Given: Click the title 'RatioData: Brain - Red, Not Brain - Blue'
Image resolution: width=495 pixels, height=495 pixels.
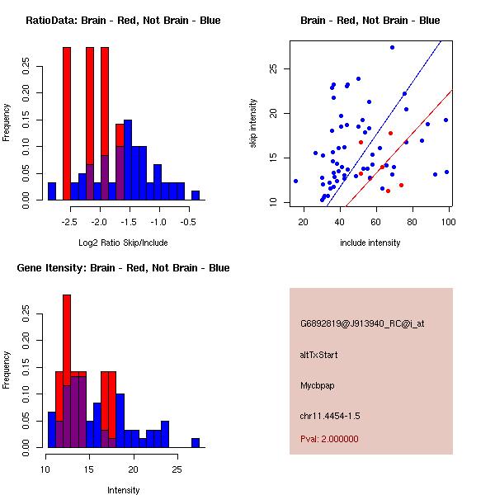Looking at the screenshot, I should pyautogui.click(x=123, y=21).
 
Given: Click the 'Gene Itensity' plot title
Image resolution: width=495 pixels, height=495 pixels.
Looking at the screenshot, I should pyautogui.click(x=123, y=268).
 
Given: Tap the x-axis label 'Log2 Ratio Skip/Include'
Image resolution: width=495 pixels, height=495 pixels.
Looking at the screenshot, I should pyautogui.click(x=123, y=243).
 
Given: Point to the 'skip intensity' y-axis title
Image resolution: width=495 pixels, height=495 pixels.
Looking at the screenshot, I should pyautogui.click(x=254, y=124).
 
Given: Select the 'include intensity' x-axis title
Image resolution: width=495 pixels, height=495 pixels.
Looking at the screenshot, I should pyautogui.click(x=370, y=243).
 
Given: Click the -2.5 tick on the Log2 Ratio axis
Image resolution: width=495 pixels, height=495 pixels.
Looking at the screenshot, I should pyautogui.click(x=69, y=222).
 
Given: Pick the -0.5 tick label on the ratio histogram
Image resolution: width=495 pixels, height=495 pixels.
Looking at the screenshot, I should pyautogui.click(x=188, y=222).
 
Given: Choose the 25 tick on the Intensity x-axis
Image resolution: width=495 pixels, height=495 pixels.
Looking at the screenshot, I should pyautogui.click(x=177, y=469).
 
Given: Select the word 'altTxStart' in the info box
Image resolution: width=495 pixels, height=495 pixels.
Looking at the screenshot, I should pyautogui.click(x=319, y=355).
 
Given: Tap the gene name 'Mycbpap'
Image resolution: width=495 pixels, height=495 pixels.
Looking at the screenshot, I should pyautogui.click(x=318, y=385).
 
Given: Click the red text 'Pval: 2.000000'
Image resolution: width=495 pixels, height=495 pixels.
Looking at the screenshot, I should pyautogui.click(x=329, y=439).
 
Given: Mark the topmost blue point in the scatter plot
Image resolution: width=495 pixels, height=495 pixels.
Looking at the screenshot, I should pyautogui.click(x=392, y=48).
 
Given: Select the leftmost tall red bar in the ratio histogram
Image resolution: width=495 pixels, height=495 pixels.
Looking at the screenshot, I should pyautogui.click(x=67, y=124).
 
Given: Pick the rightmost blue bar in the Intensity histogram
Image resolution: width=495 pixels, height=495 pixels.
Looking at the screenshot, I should pyautogui.click(x=196, y=442).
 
